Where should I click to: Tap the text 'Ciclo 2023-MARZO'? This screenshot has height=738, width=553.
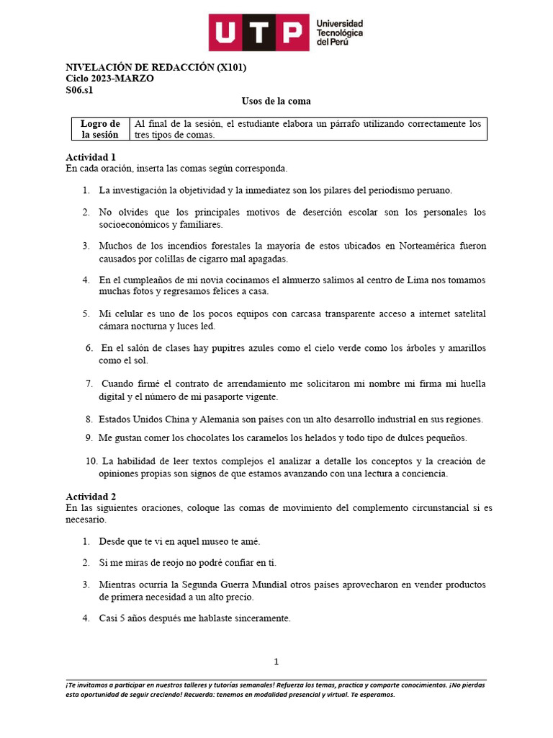coord(109,79)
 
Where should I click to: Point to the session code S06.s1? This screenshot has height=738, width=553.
coord(79,90)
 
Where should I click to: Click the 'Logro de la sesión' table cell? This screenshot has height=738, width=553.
coord(100,129)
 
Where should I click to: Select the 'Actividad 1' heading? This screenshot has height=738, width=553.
coord(91,157)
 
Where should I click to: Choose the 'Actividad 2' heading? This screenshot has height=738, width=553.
coord(91,497)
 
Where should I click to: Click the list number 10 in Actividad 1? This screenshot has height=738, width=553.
coord(91,461)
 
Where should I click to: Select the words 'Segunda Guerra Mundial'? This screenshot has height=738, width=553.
coord(224,584)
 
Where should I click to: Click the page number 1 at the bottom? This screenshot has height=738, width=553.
coord(276,662)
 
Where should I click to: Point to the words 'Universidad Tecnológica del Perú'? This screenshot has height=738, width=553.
coord(340,33)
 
